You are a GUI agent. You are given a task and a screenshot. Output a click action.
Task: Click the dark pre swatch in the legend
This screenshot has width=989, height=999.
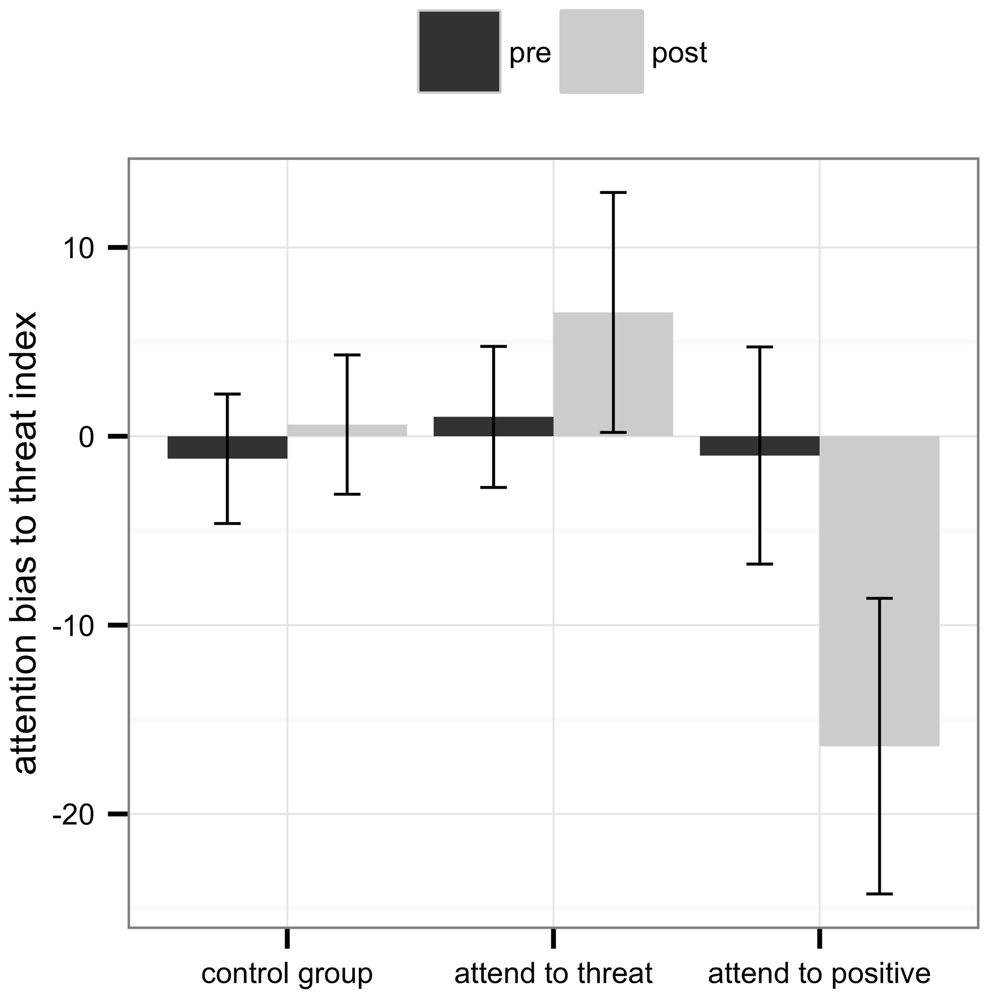coord(459,52)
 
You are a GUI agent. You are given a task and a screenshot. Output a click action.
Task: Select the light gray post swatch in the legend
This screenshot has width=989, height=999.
coord(601,52)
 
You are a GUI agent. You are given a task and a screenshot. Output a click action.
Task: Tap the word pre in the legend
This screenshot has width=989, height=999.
coord(530,53)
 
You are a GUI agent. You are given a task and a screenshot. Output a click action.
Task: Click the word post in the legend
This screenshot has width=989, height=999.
coord(679,53)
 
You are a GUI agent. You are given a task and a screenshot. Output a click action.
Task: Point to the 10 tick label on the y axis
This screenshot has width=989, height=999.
coord(78,249)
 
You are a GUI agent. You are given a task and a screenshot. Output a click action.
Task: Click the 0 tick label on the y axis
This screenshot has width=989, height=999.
coord(86,437)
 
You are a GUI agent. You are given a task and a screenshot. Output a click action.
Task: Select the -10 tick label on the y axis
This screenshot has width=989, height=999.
coord(73,626)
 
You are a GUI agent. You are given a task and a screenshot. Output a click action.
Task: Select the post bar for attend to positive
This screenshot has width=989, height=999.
coord(853,590)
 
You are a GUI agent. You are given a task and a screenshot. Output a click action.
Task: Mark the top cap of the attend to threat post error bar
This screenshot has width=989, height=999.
coord(613,192)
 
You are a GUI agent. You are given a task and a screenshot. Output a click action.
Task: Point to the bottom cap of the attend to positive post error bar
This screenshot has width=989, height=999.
coord(879,894)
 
